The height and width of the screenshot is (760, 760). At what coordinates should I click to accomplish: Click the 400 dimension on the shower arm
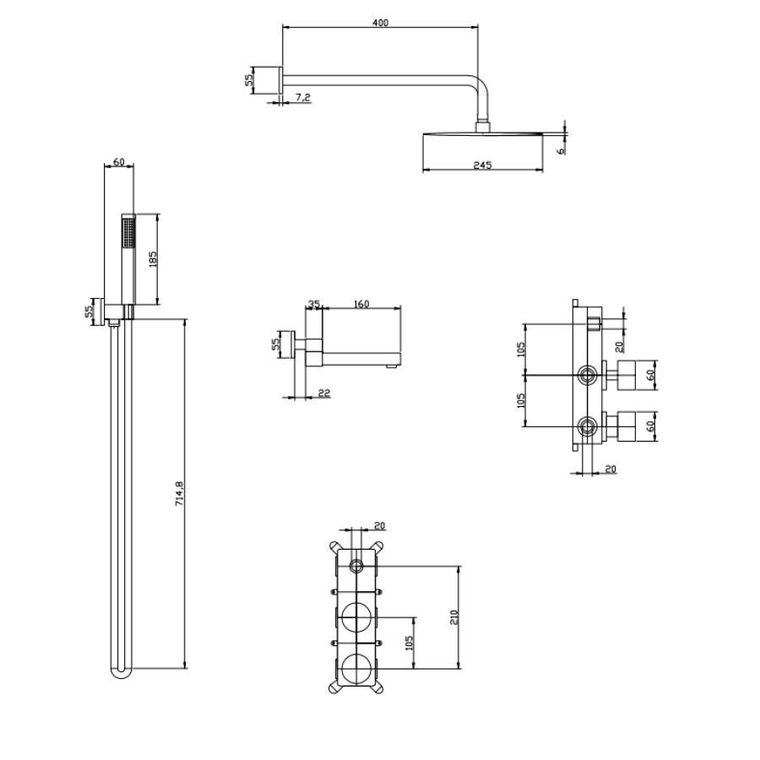(x=381, y=23)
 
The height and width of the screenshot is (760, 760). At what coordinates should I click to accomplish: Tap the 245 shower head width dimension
(x=482, y=166)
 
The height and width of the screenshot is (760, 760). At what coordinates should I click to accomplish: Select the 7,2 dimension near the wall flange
(x=302, y=97)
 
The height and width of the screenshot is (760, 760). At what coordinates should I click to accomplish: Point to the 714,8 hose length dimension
(x=179, y=494)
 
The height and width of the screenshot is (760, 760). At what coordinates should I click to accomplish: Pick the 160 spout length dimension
(x=361, y=304)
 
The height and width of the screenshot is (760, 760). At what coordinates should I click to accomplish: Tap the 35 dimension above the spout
(x=313, y=304)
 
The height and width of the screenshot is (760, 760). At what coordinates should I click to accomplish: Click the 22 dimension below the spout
(x=324, y=393)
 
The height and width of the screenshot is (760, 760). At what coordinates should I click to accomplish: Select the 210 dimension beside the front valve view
(x=454, y=616)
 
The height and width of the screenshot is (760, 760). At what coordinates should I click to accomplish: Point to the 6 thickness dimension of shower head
(x=562, y=151)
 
